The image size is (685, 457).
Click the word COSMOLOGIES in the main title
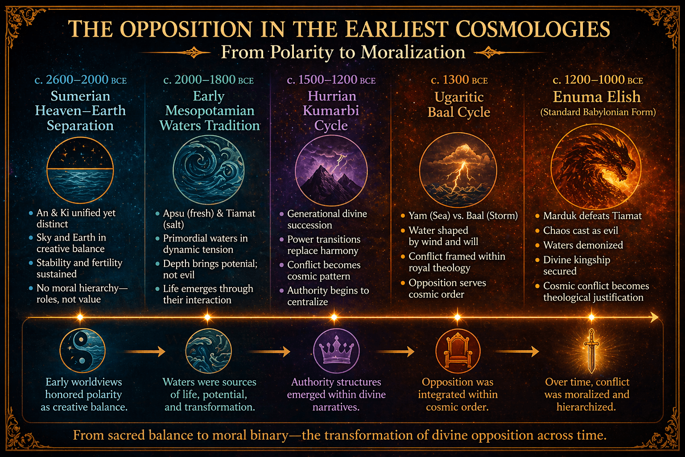(x=533, y=29)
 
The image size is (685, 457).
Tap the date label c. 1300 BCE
(x=459, y=80)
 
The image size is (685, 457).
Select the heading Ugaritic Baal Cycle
(x=459, y=104)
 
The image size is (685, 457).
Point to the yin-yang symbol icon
(x=83, y=350)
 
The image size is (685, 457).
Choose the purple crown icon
(x=336, y=349)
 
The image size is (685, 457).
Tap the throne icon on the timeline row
(x=458, y=350)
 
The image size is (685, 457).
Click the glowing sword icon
(x=592, y=350)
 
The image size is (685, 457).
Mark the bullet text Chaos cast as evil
(x=580, y=230)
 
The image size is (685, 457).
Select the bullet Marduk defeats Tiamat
(x=592, y=216)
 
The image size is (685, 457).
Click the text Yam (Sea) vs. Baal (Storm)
(x=463, y=216)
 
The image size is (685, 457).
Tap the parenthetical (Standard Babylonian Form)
(x=598, y=112)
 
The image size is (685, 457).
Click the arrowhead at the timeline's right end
(x=654, y=317)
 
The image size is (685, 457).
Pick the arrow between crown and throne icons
(x=395, y=352)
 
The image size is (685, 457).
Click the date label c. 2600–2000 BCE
(x=80, y=79)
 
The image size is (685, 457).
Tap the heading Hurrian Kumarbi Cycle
(x=331, y=111)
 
